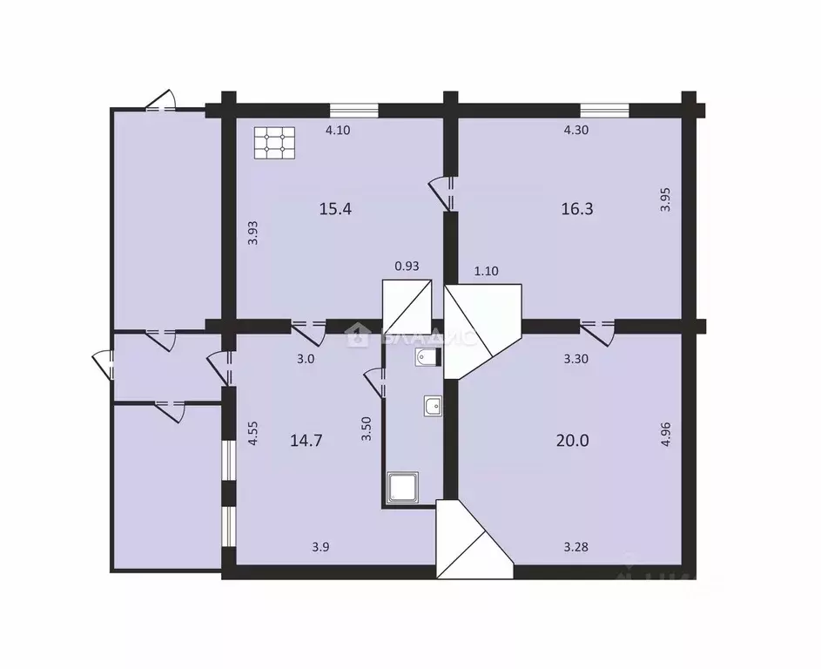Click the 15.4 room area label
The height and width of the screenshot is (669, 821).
click(x=335, y=209)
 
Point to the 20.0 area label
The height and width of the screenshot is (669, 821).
click(x=572, y=440)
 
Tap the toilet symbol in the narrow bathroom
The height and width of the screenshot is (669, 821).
click(x=426, y=359)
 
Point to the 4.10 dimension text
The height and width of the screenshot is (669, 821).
click(x=339, y=131)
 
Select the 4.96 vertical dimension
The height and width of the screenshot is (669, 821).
click(x=666, y=434)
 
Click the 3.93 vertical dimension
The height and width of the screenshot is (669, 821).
click(x=252, y=232)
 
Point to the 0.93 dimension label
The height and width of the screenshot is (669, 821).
click(x=407, y=267)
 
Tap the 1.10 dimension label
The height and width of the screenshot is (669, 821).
click(x=488, y=272)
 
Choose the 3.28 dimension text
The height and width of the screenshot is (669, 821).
click(x=576, y=547)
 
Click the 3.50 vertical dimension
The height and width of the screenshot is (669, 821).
click(x=367, y=430)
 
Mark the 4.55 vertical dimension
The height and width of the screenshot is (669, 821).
click(x=252, y=434)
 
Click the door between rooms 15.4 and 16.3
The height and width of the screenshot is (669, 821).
click(x=446, y=193)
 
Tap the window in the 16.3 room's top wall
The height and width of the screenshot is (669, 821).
click(x=604, y=110)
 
